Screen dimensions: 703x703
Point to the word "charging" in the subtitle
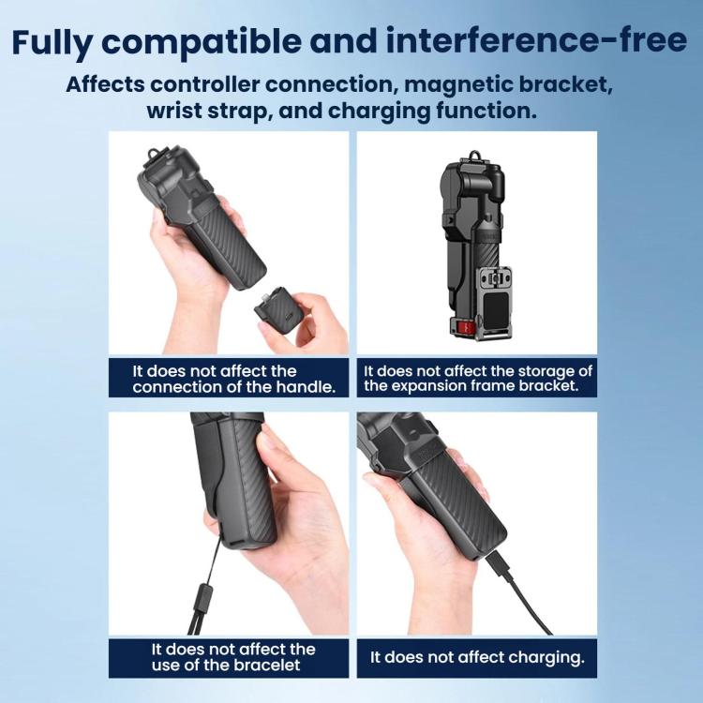point(380,112)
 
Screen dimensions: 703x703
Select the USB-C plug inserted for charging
point(498,566)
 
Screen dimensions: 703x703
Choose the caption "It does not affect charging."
point(477,657)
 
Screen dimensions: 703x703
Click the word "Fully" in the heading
point(52,42)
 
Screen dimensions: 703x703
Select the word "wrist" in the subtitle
point(174,111)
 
